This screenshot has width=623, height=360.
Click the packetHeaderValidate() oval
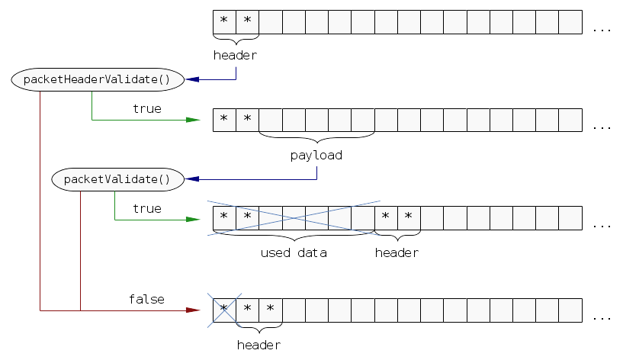pyautogui.click(x=98, y=79)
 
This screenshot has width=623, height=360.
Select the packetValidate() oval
pyautogui.click(x=117, y=179)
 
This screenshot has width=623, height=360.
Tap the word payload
pyautogui.click(x=316, y=155)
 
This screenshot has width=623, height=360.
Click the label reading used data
pyautogui.click(x=294, y=252)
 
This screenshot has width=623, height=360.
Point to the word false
pyautogui.click(x=146, y=299)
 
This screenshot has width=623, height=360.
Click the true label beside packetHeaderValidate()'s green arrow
pyautogui.click(x=146, y=109)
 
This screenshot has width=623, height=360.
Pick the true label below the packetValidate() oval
pyautogui.click(x=146, y=208)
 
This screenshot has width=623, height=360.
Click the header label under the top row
pyautogui.click(x=236, y=56)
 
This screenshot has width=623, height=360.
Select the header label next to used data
pyautogui.click(x=397, y=252)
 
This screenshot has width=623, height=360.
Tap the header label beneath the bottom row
pyautogui.click(x=259, y=345)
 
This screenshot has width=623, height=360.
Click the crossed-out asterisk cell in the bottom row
pyautogui.click(x=224, y=310)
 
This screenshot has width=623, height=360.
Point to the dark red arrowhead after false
pyautogui.click(x=194, y=310)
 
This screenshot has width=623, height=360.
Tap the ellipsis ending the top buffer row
pyautogui.click(x=602, y=30)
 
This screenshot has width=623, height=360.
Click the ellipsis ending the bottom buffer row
pyautogui.click(x=602, y=317)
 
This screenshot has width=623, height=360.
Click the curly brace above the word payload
pyautogui.click(x=316, y=138)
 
